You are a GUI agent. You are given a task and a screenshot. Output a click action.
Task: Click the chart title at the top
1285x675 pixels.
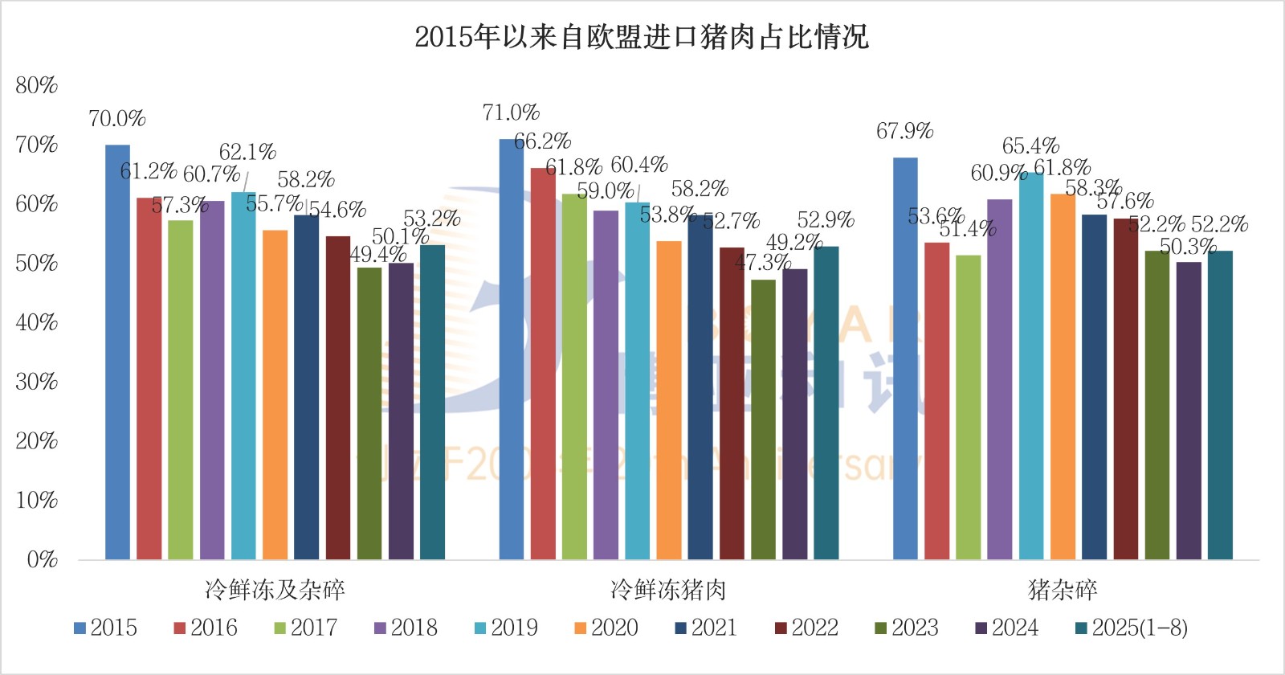tap(641, 37)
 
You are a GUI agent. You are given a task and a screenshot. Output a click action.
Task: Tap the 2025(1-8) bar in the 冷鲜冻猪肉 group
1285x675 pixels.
tap(826, 403)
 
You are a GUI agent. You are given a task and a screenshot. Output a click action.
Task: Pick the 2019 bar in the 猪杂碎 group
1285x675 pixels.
tap(1031, 366)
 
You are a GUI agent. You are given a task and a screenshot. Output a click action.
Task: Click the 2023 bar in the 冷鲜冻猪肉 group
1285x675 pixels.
tap(763, 419)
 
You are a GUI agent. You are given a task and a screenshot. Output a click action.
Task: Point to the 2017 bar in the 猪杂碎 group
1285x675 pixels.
tap(968, 407)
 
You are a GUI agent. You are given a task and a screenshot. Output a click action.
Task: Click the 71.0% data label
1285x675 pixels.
tap(511, 112)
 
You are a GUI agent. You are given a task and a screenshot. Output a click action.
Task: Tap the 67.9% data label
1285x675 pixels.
tap(904, 131)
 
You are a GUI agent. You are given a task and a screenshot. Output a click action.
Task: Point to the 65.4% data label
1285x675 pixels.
tap(1030, 146)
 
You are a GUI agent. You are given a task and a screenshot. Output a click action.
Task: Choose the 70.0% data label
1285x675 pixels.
tap(117, 119)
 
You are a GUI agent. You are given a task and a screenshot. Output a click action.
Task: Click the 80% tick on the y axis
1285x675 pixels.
tap(37, 85)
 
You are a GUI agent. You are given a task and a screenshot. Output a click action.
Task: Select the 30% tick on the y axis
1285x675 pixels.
tap(37, 382)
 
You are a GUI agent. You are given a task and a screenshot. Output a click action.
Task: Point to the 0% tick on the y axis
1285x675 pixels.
tap(42, 559)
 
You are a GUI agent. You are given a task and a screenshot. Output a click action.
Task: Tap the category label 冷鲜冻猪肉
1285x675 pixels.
tap(668, 590)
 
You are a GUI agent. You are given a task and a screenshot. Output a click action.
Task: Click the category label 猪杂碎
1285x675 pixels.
tap(1063, 590)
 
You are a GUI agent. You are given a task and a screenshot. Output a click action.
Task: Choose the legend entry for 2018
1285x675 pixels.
tap(406, 628)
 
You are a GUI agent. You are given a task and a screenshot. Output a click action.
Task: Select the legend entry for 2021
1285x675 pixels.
tap(706, 628)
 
